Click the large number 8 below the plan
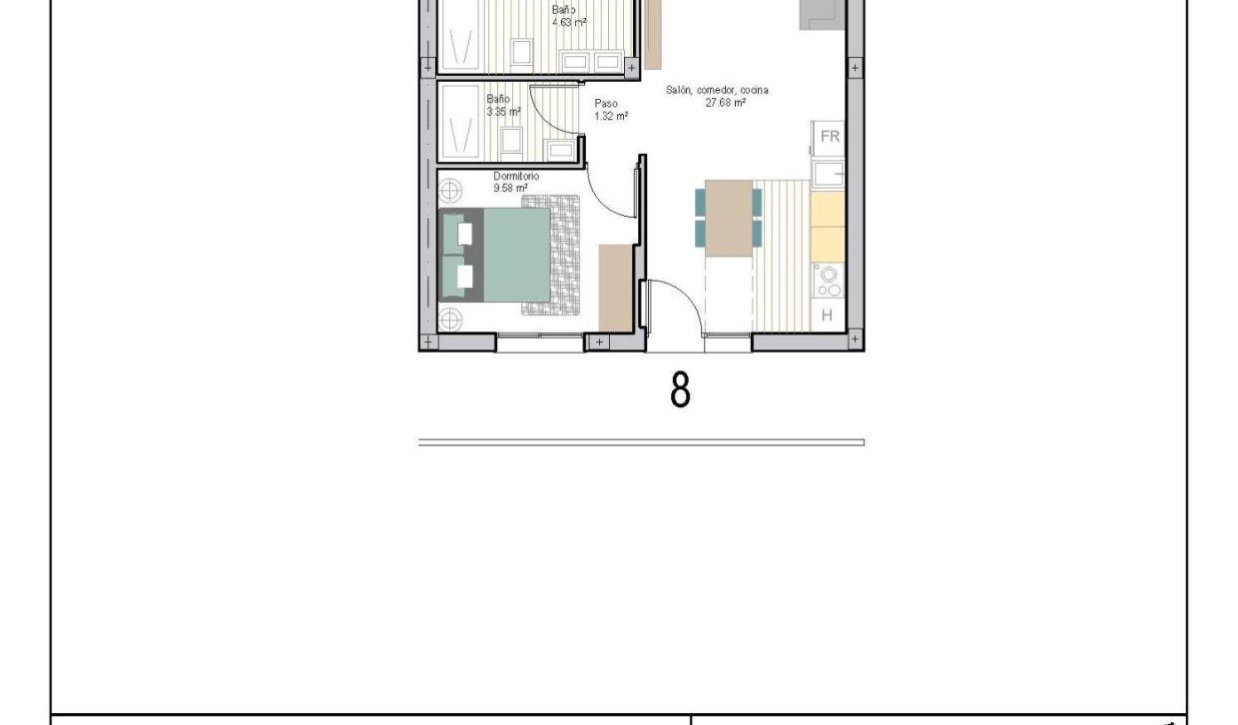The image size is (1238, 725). click(x=680, y=390)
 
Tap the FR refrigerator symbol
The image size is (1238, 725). click(x=829, y=137)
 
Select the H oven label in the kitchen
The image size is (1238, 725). click(x=827, y=316)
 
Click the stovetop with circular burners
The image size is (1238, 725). click(x=828, y=281)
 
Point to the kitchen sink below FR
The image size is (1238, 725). click(x=828, y=175)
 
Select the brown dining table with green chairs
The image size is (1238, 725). click(x=728, y=217)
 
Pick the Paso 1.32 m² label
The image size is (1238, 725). click(x=609, y=110)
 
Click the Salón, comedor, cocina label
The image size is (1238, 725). click(x=717, y=96)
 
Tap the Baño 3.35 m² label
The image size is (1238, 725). click(x=502, y=106)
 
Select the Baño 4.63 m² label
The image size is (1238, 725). click(x=567, y=15)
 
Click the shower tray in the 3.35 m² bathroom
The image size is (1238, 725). click(x=460, y=121)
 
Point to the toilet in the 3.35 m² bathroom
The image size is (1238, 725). click(x=512, y=140)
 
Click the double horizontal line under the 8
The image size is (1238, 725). click(x=641, y=442)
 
